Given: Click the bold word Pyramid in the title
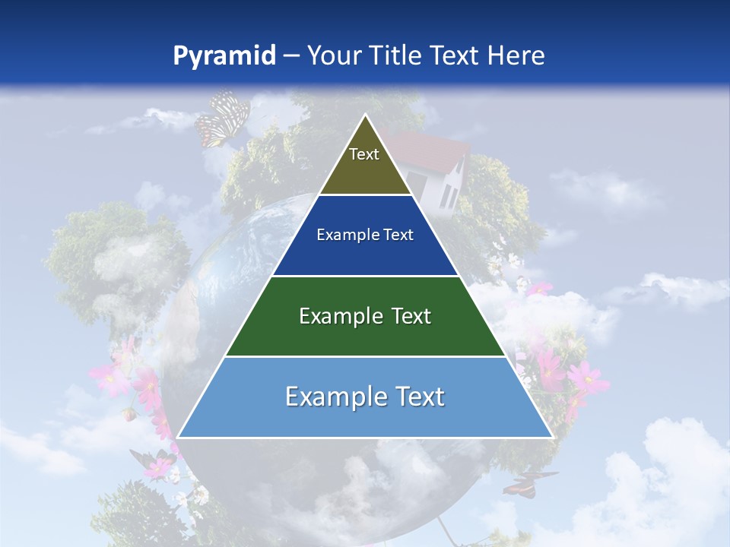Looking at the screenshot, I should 224,56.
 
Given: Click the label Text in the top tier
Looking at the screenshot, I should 364,154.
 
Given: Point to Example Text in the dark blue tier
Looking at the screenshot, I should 365,235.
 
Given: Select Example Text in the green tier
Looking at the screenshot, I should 365,316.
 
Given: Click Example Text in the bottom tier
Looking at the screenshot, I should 365,397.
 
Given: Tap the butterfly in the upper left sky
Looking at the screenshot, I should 222,118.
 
